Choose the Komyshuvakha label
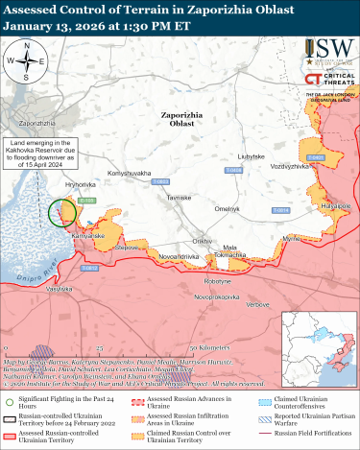[x=130, y=173]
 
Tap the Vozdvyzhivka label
[x=290, y=165]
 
